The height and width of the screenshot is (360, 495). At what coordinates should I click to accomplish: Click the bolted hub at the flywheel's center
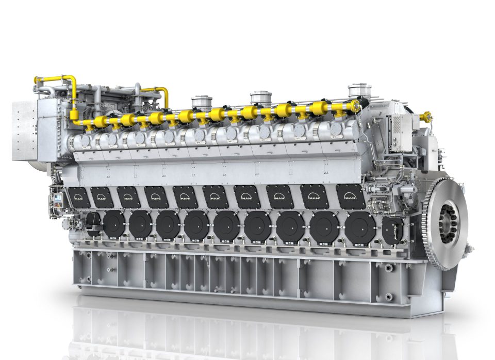coord(448,222)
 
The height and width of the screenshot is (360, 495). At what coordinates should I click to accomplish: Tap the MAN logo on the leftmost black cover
coord(79,196)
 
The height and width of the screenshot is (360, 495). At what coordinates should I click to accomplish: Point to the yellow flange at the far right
coord(426,117)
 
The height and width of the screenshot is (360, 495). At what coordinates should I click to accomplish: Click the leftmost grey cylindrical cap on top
coord(202,102)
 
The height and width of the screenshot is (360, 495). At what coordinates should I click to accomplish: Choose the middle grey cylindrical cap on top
coord(261,97)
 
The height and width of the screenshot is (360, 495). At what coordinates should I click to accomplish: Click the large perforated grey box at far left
coord(25,130)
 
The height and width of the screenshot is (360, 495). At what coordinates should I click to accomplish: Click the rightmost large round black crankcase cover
coord(360,227)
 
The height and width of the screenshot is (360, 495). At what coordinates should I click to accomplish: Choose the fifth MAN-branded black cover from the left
coord(185,197)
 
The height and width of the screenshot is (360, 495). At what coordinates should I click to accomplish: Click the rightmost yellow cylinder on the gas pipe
coord(320,108)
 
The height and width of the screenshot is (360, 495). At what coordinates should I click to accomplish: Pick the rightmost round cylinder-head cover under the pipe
coord(336,129)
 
